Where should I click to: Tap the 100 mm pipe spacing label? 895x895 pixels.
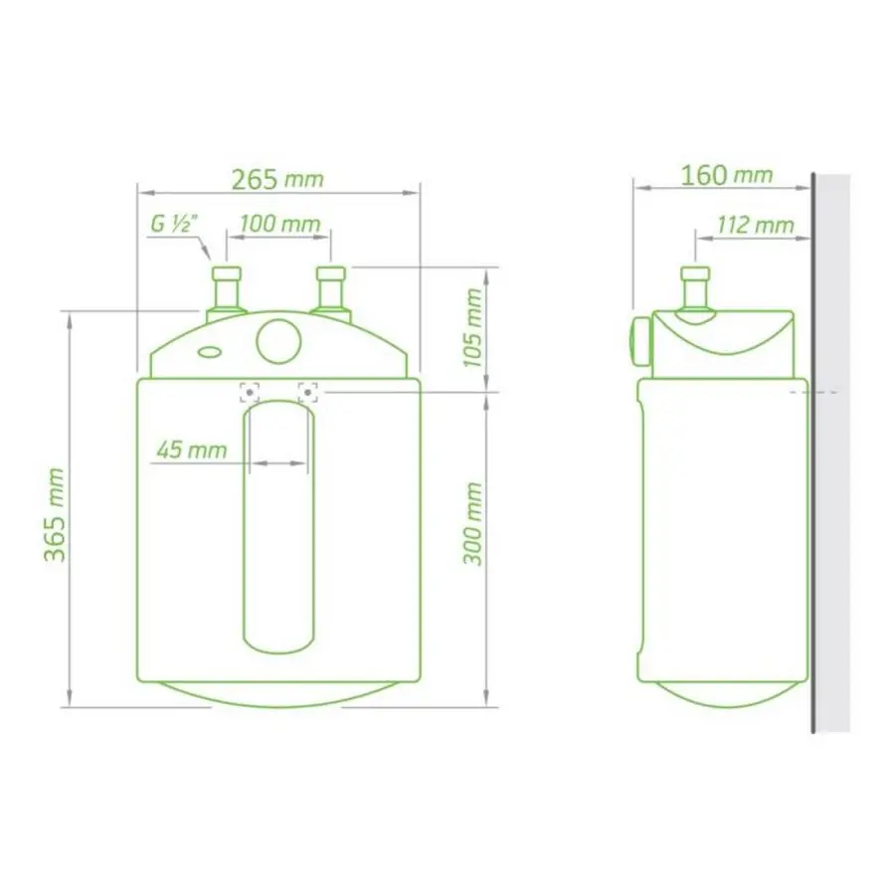pos(279,223)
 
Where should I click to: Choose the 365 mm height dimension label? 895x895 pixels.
pos(56,514)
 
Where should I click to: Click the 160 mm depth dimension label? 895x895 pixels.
pos(726,175)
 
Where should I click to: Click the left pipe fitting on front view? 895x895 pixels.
pos(227,290)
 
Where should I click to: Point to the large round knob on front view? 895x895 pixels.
pos(278,340)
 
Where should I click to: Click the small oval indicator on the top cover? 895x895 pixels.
pos(211,351)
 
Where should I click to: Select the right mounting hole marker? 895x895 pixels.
pos(309,392)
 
